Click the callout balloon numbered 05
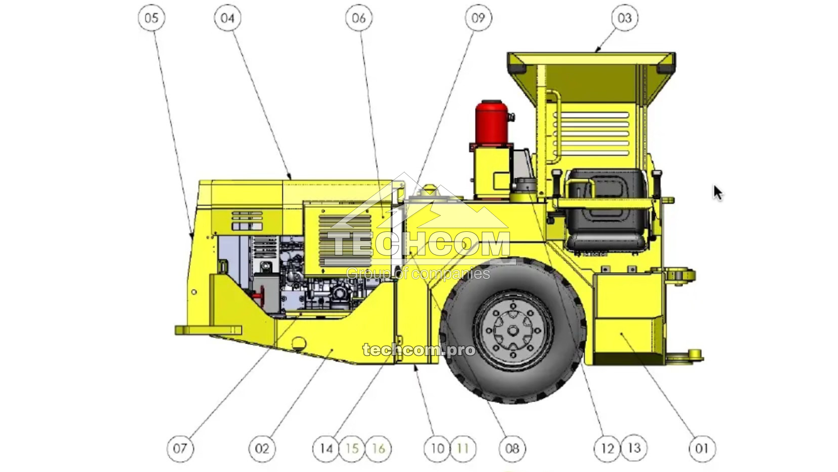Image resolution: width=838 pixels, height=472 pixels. (151, 18)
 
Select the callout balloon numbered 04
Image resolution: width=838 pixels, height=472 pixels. (227, 18)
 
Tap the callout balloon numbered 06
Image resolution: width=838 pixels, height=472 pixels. (359, 18)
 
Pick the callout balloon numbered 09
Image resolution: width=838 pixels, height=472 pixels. (478, 18)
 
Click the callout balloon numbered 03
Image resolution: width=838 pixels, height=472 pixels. (625, 18)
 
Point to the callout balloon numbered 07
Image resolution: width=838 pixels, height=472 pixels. (180, 448)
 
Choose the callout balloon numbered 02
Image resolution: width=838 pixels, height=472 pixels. (262, 448)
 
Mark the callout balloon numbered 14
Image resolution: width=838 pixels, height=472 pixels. (326, 448)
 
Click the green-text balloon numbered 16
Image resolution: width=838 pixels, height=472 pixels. (378, 448)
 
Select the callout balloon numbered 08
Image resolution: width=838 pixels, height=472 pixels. (512, 448)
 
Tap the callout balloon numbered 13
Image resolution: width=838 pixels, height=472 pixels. (634, 448)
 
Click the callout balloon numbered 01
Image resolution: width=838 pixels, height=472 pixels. (702, 448)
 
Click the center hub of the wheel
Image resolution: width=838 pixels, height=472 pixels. (513, 330)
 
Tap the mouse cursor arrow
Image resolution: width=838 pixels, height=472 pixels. (717, 192)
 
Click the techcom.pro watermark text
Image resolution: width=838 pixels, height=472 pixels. (419, 349)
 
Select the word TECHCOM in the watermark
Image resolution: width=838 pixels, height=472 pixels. (419, 244)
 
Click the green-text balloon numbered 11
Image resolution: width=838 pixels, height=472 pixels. (463, 448)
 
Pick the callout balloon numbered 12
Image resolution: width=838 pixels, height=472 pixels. (608, 448)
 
